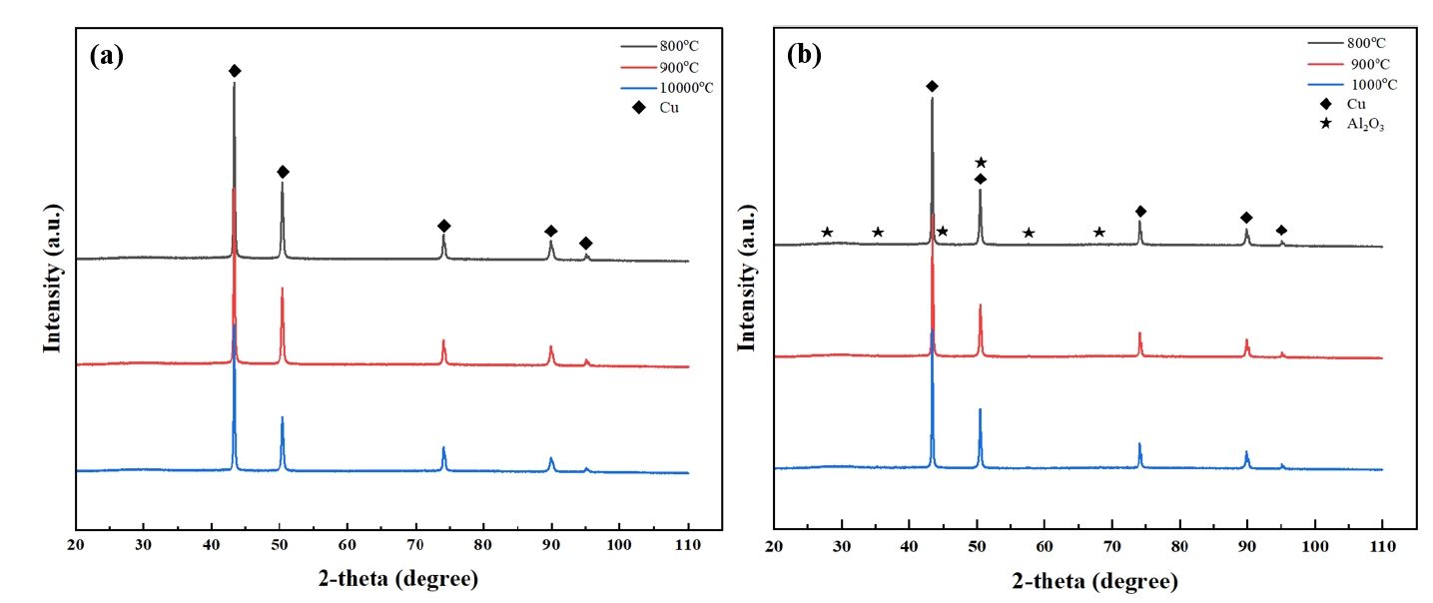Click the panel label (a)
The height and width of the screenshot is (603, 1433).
click(107, 56)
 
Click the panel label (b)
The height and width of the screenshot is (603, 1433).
click(804, 56)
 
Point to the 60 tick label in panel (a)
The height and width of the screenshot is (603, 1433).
click(348, 547)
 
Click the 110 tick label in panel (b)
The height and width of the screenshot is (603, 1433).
click(1382, 547)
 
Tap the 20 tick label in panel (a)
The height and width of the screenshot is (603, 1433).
click(76, 547)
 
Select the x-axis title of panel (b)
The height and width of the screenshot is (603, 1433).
click(1095, 580)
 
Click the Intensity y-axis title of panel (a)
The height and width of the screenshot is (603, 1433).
click(52, 278)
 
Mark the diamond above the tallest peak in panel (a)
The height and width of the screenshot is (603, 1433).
click(235, 71)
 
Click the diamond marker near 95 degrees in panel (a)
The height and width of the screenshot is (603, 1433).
click(586, 244)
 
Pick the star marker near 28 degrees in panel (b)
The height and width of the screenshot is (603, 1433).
click(827, 233)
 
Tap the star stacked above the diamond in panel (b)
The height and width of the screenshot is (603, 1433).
click(981, 162)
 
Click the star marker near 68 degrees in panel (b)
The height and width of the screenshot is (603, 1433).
click(1099, 233)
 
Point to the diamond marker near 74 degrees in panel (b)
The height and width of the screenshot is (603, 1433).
click(1140, 212)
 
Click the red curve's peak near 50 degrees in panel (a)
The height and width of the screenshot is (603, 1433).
click(282, 290)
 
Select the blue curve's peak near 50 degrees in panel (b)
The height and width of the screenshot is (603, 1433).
click(980, 410)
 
